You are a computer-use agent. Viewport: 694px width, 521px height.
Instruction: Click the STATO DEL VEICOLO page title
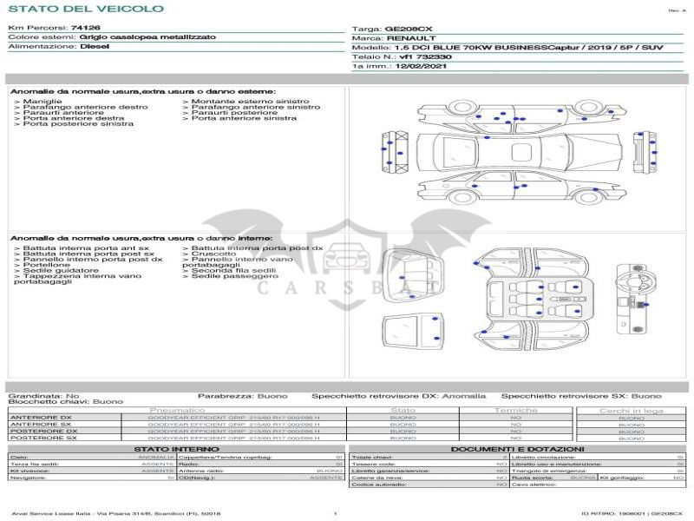pos(86,9)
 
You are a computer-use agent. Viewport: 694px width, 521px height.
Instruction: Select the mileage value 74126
pos(86,28)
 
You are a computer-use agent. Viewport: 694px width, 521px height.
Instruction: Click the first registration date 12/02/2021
pos(422,65)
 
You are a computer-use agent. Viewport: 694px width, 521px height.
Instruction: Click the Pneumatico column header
pos(177,410)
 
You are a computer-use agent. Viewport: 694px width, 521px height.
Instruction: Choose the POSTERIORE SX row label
pos(43,438)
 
